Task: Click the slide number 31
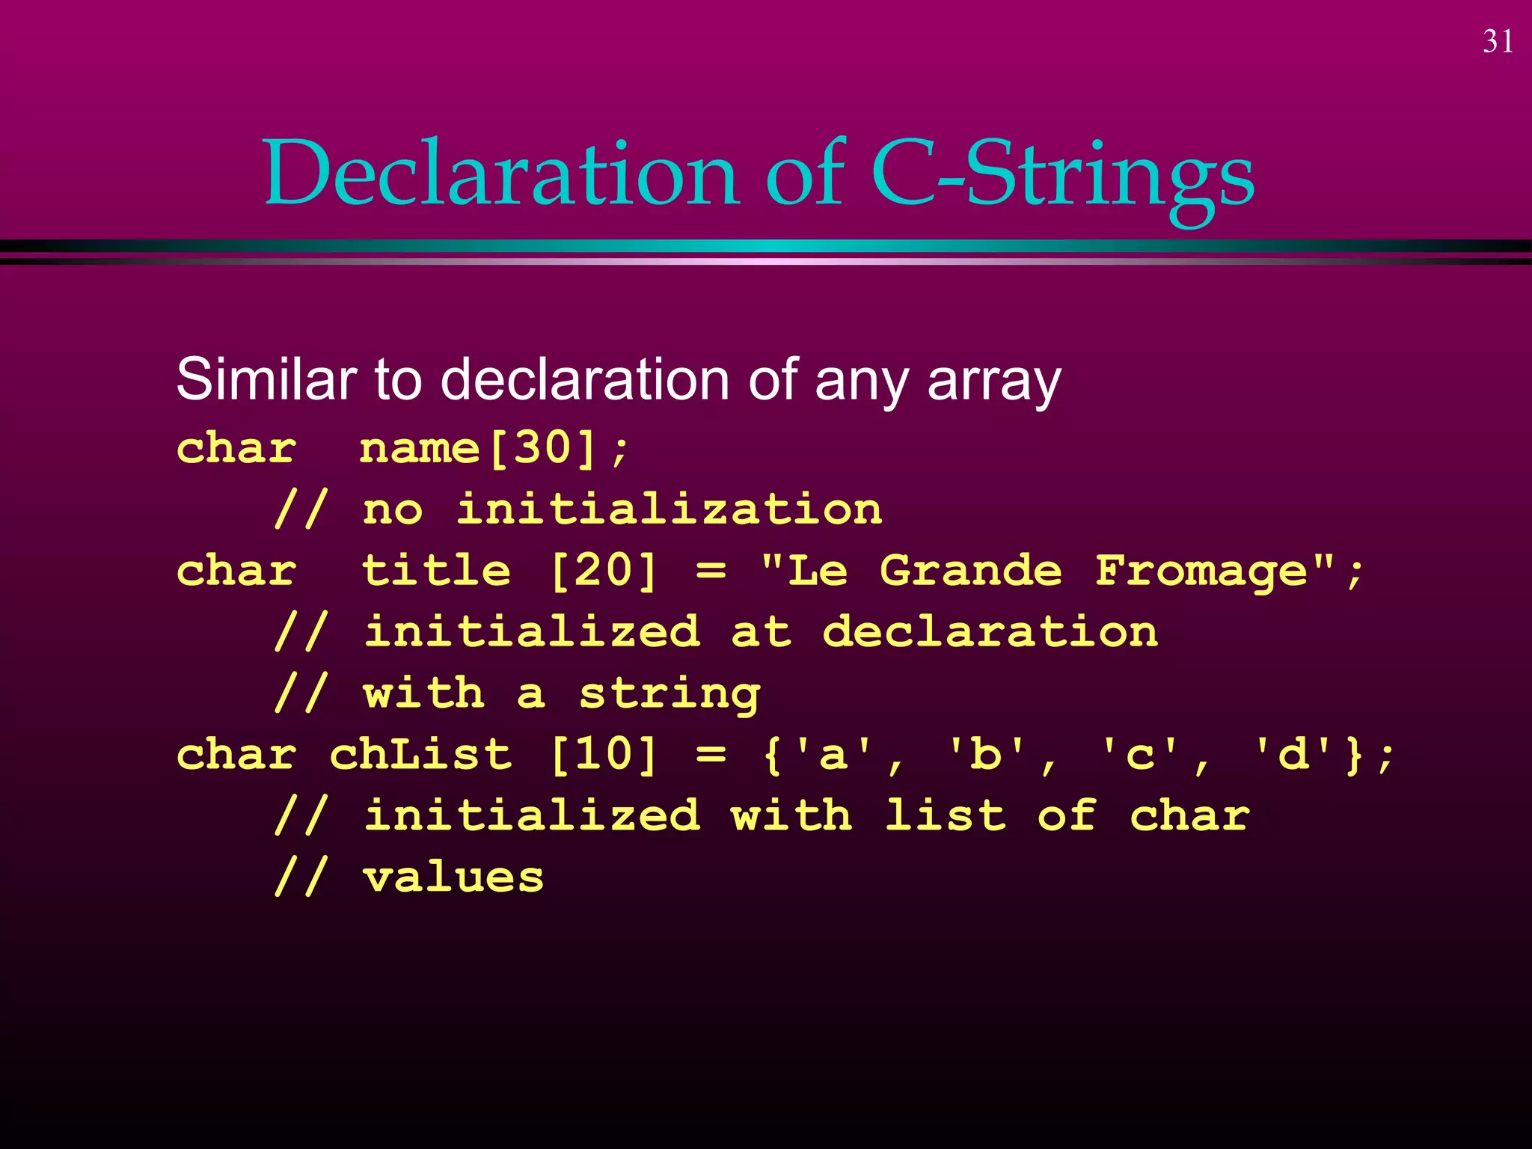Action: point(1498,42)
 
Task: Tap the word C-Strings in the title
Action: point(1062,175)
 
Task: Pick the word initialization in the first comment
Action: point(670,510)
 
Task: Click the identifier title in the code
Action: point(436,572)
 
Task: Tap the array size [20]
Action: point(603,572)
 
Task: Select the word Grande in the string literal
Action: point(970,572)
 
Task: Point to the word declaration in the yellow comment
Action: point(990,633)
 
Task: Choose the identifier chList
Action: point(420,755)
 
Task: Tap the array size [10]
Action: point(603,755)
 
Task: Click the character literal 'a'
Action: point(833,755)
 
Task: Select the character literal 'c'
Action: point(1139,755)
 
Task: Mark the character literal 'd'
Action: point(1293,755)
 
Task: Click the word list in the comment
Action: point(945,816)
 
